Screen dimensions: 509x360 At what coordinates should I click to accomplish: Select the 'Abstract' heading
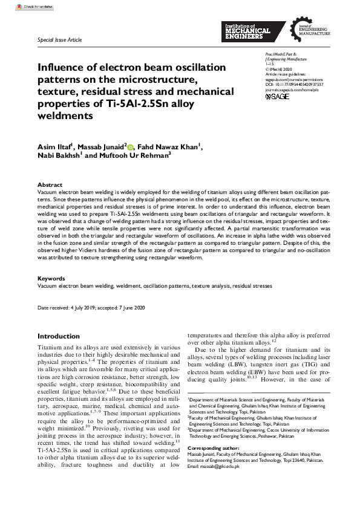50,185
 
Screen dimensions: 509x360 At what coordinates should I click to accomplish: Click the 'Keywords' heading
51,279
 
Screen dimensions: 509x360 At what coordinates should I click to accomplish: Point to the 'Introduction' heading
59,336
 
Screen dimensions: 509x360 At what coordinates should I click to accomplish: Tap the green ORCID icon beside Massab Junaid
129,146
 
